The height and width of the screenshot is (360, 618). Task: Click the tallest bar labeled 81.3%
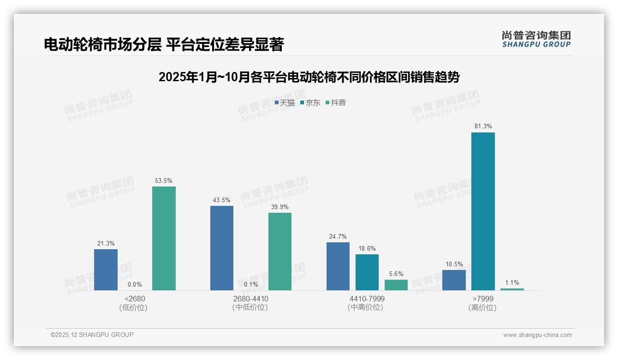[x=483, y=211]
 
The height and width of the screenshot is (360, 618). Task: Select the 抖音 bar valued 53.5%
[x=164, y=238]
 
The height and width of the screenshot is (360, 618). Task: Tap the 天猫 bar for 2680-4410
[x=222, y=248]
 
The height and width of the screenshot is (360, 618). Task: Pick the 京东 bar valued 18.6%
[x=367, y=272]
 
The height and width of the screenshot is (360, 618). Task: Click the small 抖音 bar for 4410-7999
[x=396, y=285]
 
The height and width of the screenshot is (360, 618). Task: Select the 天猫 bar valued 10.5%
[x=454, y=280]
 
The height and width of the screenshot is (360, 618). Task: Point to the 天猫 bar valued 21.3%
[x=106, y=270]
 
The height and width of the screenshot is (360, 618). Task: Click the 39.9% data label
[x=280, y=207]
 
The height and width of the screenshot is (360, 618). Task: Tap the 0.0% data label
[x=135, y=285]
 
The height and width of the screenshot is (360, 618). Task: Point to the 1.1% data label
[x=512, y=282]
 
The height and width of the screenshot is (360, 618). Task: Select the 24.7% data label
[x=338, y=236]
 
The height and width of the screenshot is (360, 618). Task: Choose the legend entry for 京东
[x=310, y=103]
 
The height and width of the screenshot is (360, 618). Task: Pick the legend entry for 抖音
[x=336, y=103]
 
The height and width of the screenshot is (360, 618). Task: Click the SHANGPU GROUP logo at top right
[x=536, y=39]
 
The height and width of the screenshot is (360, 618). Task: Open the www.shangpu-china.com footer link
[x=537, y=335]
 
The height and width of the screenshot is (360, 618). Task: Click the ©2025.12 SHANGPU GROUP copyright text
[x=92, y=335]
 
